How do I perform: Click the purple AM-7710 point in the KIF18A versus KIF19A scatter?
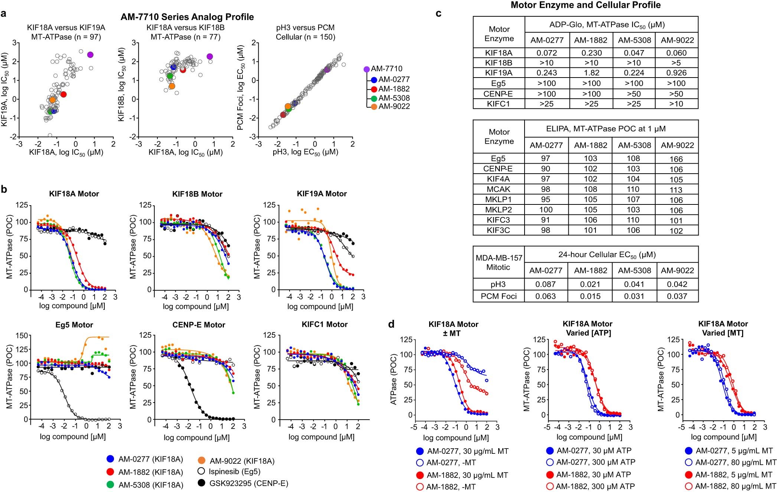(90, 55)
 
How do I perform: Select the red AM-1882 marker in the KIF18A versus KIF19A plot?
(63, 94)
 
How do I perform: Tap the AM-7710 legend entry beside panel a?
(386, 69)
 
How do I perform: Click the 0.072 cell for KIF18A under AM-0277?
(546, 53)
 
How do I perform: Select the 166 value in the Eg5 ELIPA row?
(676, 159)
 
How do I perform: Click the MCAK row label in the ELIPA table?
(498, 189)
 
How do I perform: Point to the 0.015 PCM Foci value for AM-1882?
(590, 296)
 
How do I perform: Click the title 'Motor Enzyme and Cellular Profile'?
(585, 5)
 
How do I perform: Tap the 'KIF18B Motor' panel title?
(197, 194)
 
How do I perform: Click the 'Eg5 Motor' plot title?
(74, 325)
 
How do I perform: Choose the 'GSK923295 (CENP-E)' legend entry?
(248, 483)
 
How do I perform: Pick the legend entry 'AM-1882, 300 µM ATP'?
(595, 486)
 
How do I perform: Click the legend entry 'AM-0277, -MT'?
(450, 463)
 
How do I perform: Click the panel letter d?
(391, 324)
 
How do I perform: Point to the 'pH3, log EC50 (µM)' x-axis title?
(305, 152)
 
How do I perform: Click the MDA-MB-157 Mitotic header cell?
(499, 263)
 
